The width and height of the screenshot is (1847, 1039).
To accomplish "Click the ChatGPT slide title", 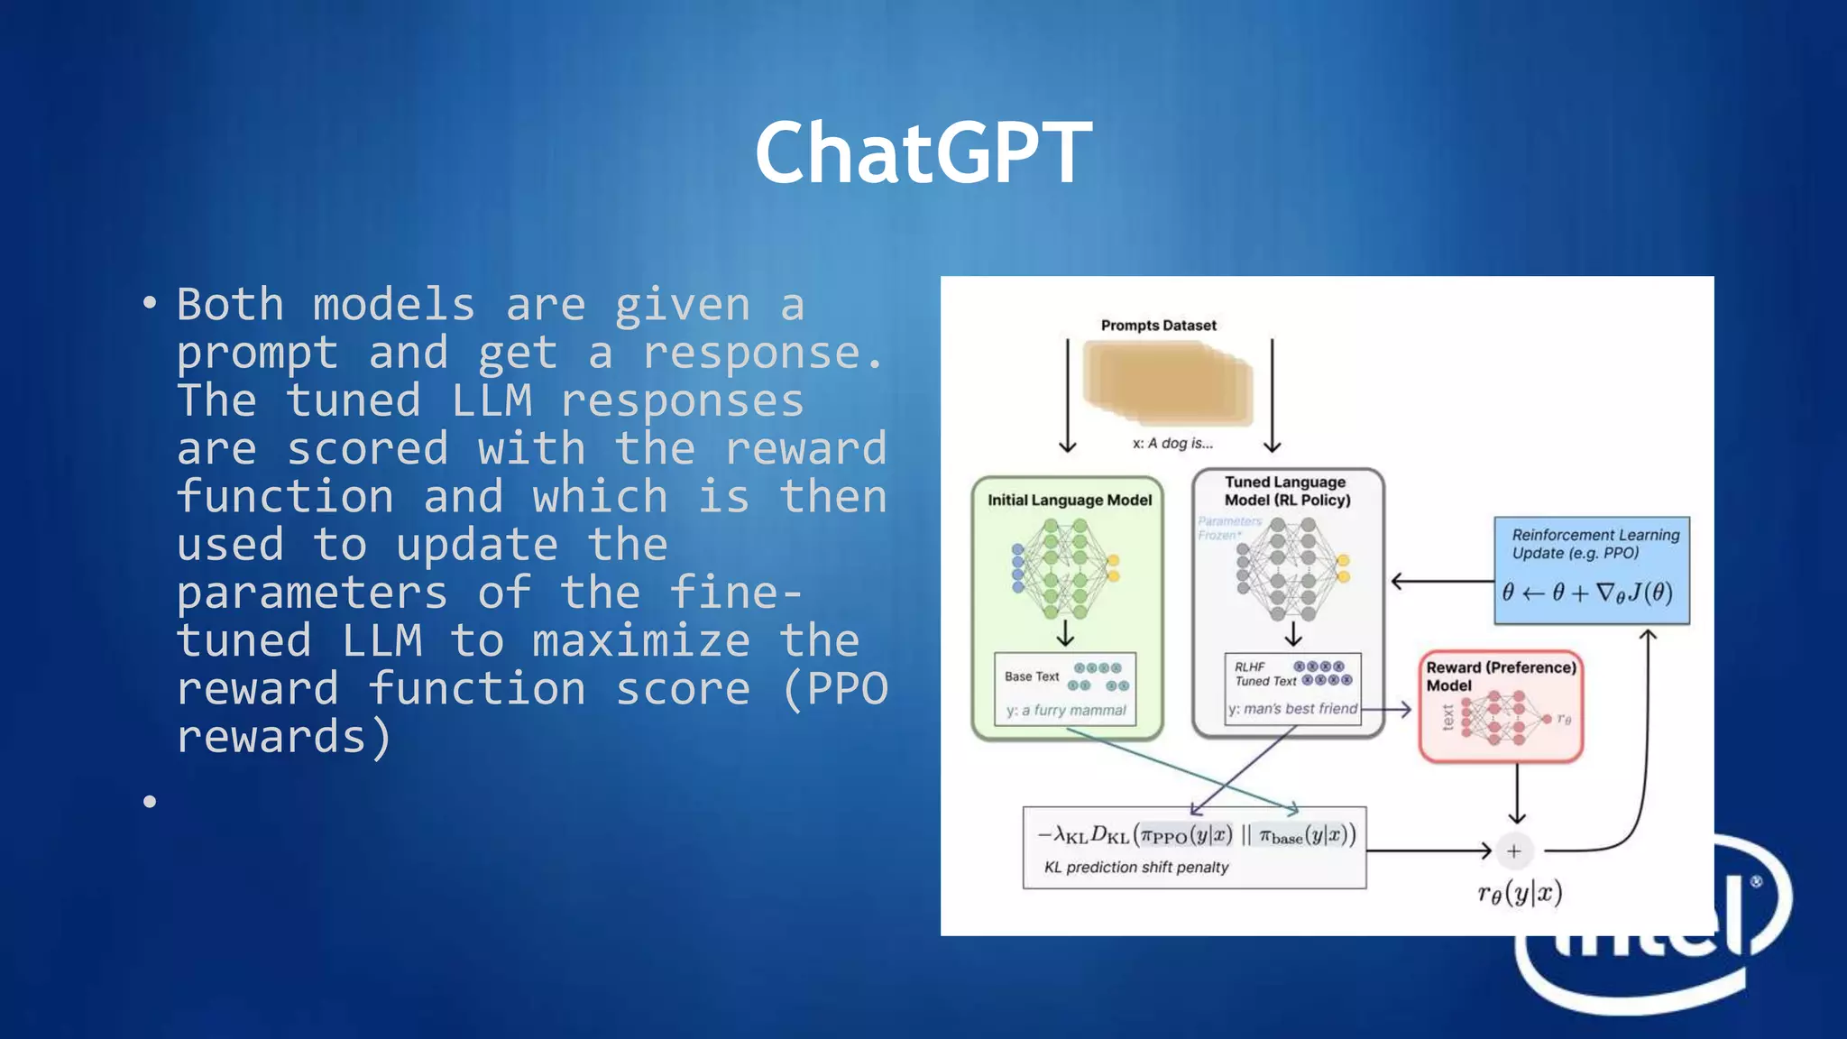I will click(x=923, y=153).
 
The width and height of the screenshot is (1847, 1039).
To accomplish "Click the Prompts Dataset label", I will click(x=1158, y=326).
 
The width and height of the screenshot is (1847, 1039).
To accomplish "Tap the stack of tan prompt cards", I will click(x=1168, y=382).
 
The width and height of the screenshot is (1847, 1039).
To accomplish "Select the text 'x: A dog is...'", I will click(x=1172, y=444).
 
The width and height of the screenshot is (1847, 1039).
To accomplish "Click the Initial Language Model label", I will click(x=1070, y=501).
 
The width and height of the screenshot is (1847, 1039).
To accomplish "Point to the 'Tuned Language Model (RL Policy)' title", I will click(x=1287, y=491).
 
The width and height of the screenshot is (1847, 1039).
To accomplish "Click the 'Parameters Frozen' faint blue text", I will click(x=1228, y=529).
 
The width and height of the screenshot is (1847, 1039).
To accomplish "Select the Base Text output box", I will click(x=1065, y=690).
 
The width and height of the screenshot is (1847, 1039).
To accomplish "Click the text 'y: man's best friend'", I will click(x=1292, y=709).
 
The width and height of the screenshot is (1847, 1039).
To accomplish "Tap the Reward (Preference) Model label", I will click(x=1501, y=676).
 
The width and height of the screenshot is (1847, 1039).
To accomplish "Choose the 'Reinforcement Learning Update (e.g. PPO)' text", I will click(x=1594, y=544).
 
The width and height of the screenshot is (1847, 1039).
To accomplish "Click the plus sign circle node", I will click(x=1514, y=851).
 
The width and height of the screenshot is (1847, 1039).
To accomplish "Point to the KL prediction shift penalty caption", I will click(x=1136, y=868).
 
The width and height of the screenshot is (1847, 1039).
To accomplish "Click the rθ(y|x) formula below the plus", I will click(x=1520, y=893).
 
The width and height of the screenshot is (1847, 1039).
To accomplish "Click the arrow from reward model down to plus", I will click(x=1517, y=794).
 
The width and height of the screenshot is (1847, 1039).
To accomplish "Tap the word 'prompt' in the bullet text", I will click(x=257, y=354).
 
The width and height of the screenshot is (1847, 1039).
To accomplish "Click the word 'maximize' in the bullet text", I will click(x=640, y=641).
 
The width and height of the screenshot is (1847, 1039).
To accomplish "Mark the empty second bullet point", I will click(x=150, y=801).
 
